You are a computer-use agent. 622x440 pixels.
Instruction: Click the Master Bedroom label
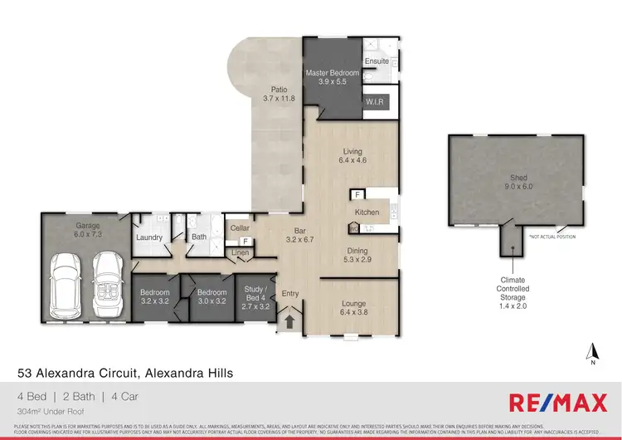pos(332,73)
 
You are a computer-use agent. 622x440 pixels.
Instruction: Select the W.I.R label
pos(375,100)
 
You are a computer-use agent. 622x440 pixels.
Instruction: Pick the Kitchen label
pos(366,213)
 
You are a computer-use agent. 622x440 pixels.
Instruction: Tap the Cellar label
pos(240,227)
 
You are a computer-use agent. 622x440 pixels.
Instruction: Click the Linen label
pos(240,252)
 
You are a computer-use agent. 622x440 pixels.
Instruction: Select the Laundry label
pos(149,237)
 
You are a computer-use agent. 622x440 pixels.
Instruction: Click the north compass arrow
pos(590,349)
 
